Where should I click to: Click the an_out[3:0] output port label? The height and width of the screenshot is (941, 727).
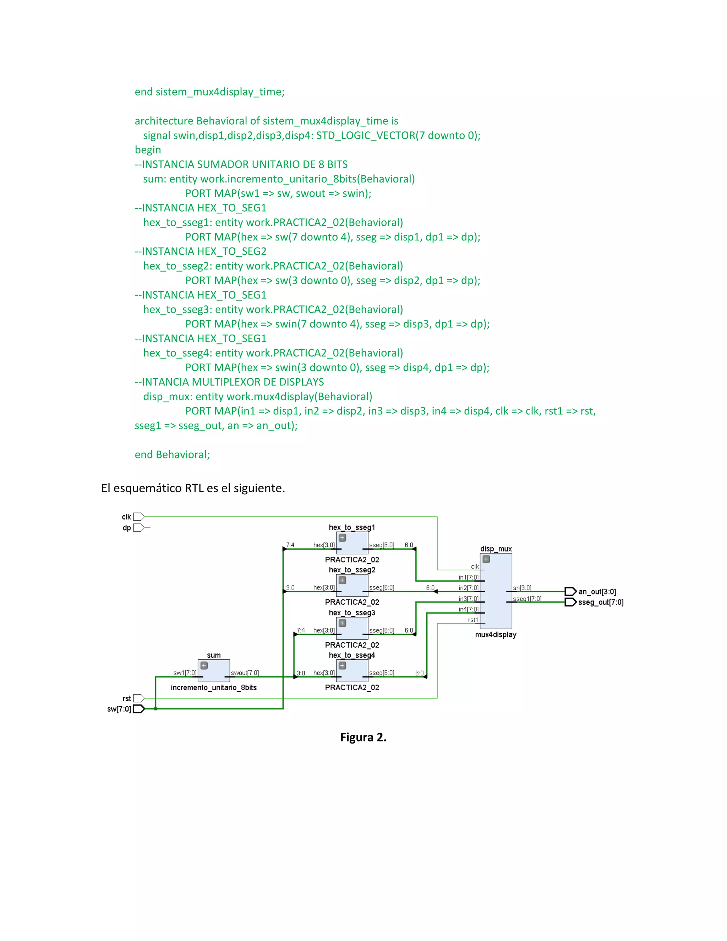pos(597,592)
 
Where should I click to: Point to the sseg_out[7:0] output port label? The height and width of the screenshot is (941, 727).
pos(601,602)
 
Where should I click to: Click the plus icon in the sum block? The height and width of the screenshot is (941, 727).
pos(204,666)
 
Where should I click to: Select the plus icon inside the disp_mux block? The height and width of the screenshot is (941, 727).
pos(486,559)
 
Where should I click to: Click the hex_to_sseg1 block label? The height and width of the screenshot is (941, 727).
pos(352,527)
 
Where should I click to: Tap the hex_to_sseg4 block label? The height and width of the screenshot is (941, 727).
pos(352,656)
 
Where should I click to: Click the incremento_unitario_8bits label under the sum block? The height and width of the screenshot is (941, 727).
pos(214,688)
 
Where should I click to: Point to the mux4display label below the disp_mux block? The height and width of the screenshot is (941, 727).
pos(496,635)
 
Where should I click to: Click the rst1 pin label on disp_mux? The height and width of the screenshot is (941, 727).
pos(473,620)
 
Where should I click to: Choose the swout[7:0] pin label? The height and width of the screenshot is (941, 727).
pos(245,673)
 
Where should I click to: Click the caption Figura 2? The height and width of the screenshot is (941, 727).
pos(363,737)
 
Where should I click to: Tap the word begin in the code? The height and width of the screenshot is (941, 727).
pos(148,150)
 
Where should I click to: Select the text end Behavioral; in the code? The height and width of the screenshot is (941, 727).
pos(172,455)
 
